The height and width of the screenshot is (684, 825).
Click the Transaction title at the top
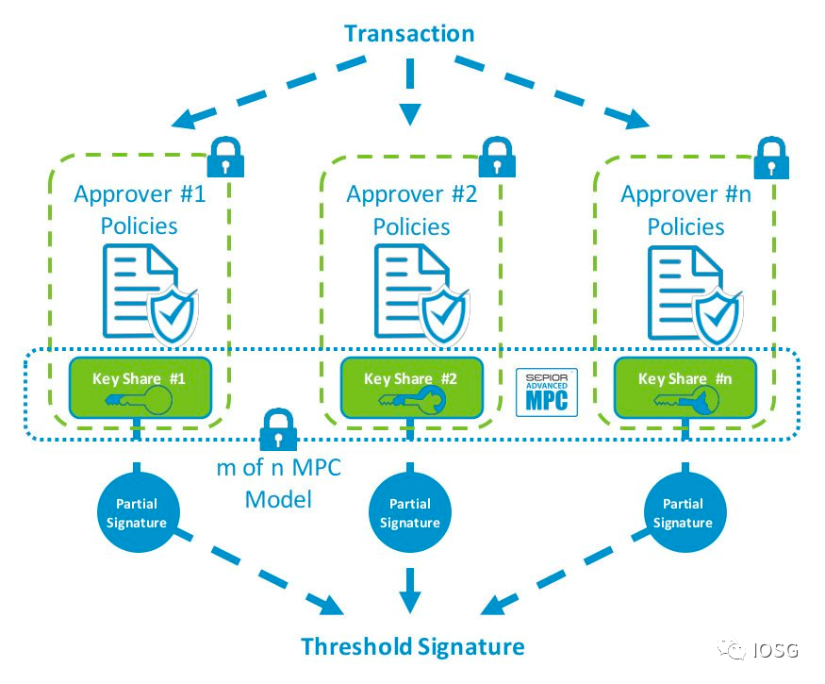(x=409, y=34)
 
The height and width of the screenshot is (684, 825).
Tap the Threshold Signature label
(x=412, y=646)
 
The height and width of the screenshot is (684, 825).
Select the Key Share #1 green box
(x=138, y=387)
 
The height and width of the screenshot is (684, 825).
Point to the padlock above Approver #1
(x=224, y=156)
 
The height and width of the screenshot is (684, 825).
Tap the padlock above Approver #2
(x=497, y=156)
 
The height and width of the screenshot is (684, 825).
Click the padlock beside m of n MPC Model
(x=277, y=430)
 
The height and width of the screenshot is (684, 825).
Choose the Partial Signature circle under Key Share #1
(x=137, y=513)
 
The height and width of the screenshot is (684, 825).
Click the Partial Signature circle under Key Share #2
(x=409, y=513)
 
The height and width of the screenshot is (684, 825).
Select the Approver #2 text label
(x=411, y=195)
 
